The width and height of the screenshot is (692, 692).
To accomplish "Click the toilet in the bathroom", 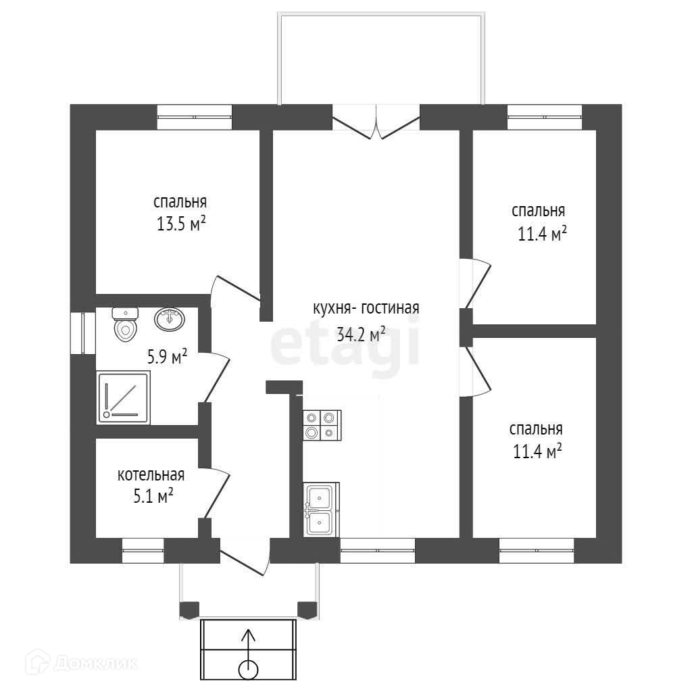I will pyautogui.click(x=125, y=324).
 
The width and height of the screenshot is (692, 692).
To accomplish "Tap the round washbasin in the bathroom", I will pyautogui.click(x=170, y=319).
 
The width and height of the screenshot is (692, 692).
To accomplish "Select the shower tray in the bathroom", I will pyautogui.click(x=123, y=398).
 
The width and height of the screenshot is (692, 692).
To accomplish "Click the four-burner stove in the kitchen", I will pyautogui.click(x=321, y=425).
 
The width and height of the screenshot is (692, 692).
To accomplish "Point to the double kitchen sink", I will pyautogui.click(x=320, y=510).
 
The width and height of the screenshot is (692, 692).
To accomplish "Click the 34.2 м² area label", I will pyautogui.click(x=361, y=333).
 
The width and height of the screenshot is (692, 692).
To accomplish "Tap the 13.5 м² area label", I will pyautogui.click(x=180, y=224).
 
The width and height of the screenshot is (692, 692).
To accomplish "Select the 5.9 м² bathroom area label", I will pyautogui.click(x=167, y=356).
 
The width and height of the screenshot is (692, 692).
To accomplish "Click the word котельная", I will pyautogui.click(x=151, y=475).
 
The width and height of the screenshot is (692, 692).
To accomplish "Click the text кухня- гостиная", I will pyautogui.click(x=366, y=308).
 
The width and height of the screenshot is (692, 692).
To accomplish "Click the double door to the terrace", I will pyautogui.click(x=377, y=122).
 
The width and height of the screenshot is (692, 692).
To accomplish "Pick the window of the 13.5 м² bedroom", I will pyautogui.click(x=195, y=117).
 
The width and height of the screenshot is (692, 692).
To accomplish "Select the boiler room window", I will pyautogui.click(x=143, y=551).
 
